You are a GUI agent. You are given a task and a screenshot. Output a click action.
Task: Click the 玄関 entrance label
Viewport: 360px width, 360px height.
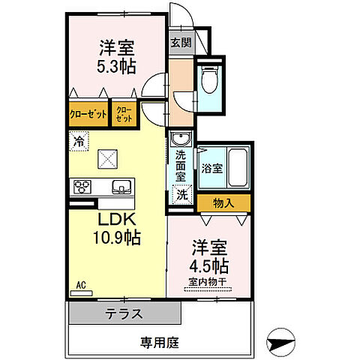click(x=181, y=43)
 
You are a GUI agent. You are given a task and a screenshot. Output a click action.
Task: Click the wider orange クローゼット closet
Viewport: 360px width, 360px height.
click(x=88, y=115)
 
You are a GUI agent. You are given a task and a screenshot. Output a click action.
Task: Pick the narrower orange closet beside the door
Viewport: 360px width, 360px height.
click(x=124, y=115)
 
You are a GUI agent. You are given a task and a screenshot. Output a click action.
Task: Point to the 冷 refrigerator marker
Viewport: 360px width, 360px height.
click(x=79, y=139)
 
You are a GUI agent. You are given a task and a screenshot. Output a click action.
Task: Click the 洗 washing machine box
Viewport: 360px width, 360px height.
click(x=181, y=194)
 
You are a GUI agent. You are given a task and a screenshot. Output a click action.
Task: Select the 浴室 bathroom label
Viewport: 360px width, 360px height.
click(x=212, y=169)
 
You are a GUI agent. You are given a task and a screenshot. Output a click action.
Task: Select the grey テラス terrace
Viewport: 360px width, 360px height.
click(x=124, y=313)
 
